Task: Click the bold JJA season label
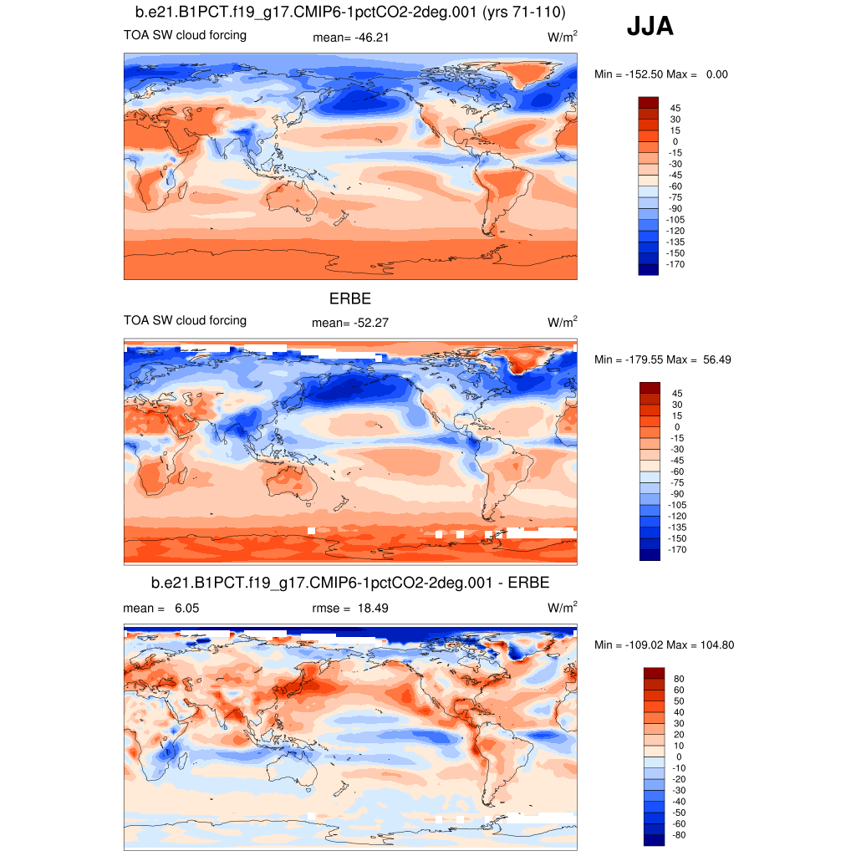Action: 650,28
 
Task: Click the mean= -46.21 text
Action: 351,37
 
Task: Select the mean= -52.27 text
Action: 351,322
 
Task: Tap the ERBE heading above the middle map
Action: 350,298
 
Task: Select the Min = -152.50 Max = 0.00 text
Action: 660,74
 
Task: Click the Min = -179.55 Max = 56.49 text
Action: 663,359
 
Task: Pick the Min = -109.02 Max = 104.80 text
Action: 664,645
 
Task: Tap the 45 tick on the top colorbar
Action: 675,108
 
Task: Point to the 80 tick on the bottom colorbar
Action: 679,679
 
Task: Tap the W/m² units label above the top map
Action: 563,37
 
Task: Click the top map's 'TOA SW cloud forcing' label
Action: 185,35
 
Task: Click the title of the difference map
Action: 350,582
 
